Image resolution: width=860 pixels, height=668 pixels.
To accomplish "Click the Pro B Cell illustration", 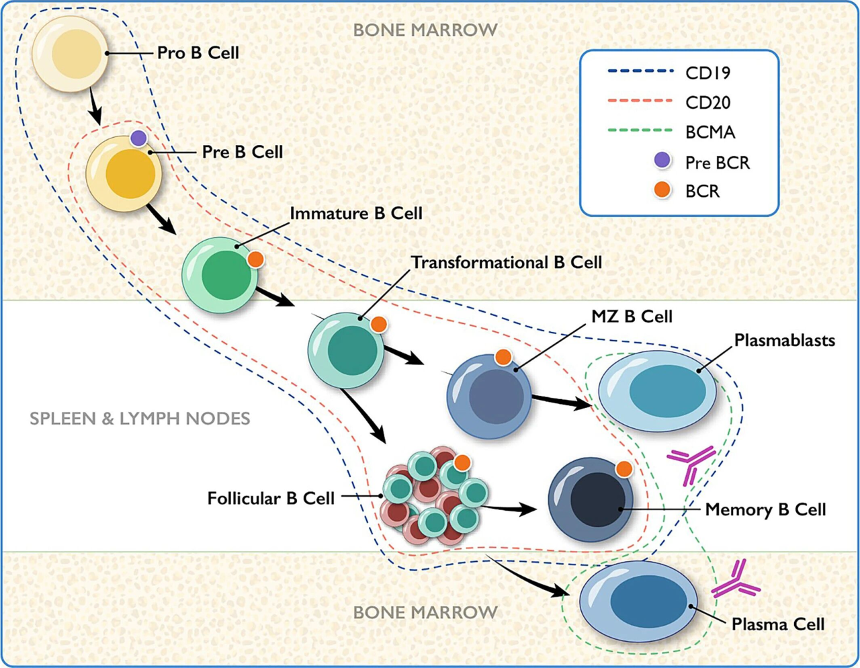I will pos(70,54).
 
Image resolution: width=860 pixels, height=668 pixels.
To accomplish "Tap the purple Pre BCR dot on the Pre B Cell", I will pos(138,138).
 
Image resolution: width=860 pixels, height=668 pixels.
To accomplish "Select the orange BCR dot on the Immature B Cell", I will pos(255,259).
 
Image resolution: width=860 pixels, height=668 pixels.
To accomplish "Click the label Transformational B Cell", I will pos(507,262).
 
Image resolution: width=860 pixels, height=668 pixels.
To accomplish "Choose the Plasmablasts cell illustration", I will pos(657,391).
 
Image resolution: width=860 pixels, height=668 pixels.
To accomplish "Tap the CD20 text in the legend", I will pos(707,103).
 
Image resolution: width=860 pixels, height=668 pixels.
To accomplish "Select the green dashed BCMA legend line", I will pos(640,131).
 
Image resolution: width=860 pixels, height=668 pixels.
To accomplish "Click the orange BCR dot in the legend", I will pos(662,190).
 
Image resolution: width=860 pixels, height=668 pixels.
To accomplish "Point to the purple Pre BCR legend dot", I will pos(662,161).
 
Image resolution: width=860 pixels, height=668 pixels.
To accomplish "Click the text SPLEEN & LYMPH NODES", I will pos(140,419).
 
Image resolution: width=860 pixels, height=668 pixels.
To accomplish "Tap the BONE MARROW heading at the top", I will pos(425,30).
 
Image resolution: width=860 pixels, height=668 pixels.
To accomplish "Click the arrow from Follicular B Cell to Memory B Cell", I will pos(511,509).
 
